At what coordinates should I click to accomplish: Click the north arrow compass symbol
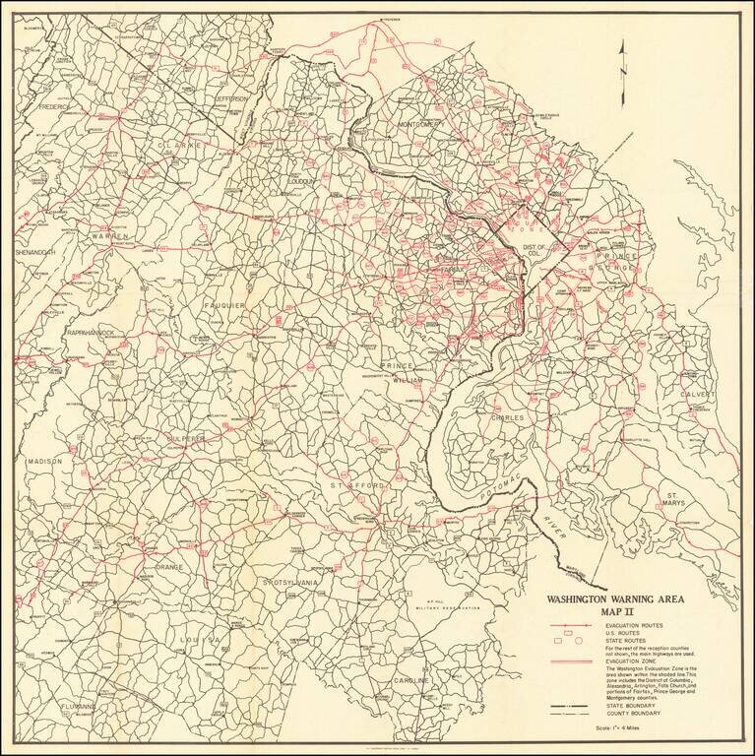tap(622, 65)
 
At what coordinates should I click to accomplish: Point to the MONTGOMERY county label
tap(426, 124)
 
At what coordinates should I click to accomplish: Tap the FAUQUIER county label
tap(224, 306)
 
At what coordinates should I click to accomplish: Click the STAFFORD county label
tap(358, 485)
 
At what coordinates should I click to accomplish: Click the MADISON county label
tap(44, 461)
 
